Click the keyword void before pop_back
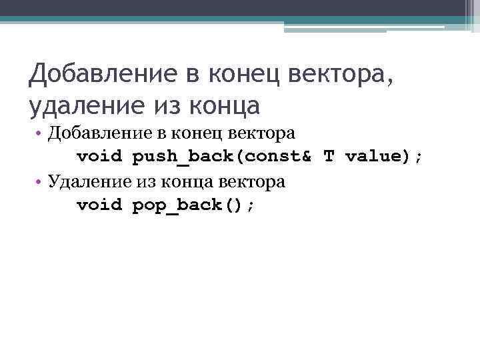pos(99,204)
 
